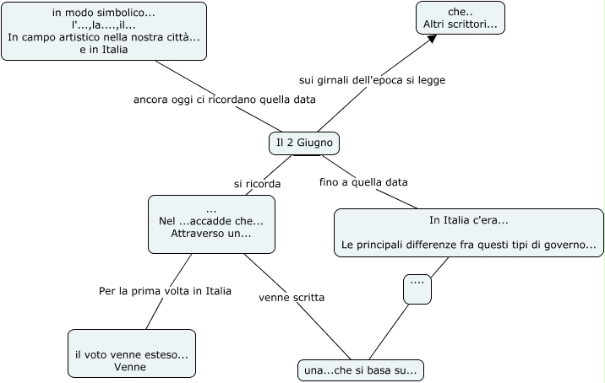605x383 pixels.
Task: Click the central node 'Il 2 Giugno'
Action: click(304, 143)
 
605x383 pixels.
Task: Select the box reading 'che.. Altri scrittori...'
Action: click(461, 18)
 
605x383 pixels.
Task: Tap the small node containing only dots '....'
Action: click(417, 289)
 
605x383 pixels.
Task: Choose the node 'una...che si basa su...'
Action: click(361, 370)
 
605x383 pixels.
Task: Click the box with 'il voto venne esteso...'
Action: click(131, 353)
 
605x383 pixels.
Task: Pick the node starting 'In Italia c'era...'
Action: click(469, 233)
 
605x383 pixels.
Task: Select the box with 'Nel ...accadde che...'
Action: click(211, 224)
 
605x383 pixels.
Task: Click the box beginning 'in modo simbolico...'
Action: click(104, 31)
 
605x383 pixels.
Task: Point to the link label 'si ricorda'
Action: click(257, 183)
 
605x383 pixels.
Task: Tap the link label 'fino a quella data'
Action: click(363, 182)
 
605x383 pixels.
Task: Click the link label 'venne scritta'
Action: click(292, 297)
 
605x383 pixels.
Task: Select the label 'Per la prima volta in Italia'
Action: click(165, 291)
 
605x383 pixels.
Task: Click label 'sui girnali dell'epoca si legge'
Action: click(372, 80)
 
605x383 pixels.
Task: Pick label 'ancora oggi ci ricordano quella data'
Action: click(225, 100)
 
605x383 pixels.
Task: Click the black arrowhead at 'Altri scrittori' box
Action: click(430, 39)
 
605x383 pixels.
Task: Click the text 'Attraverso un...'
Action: click(211, 233)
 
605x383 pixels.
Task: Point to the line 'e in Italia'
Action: click(104, 49)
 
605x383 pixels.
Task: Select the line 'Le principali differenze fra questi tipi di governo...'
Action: click(469, 245)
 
